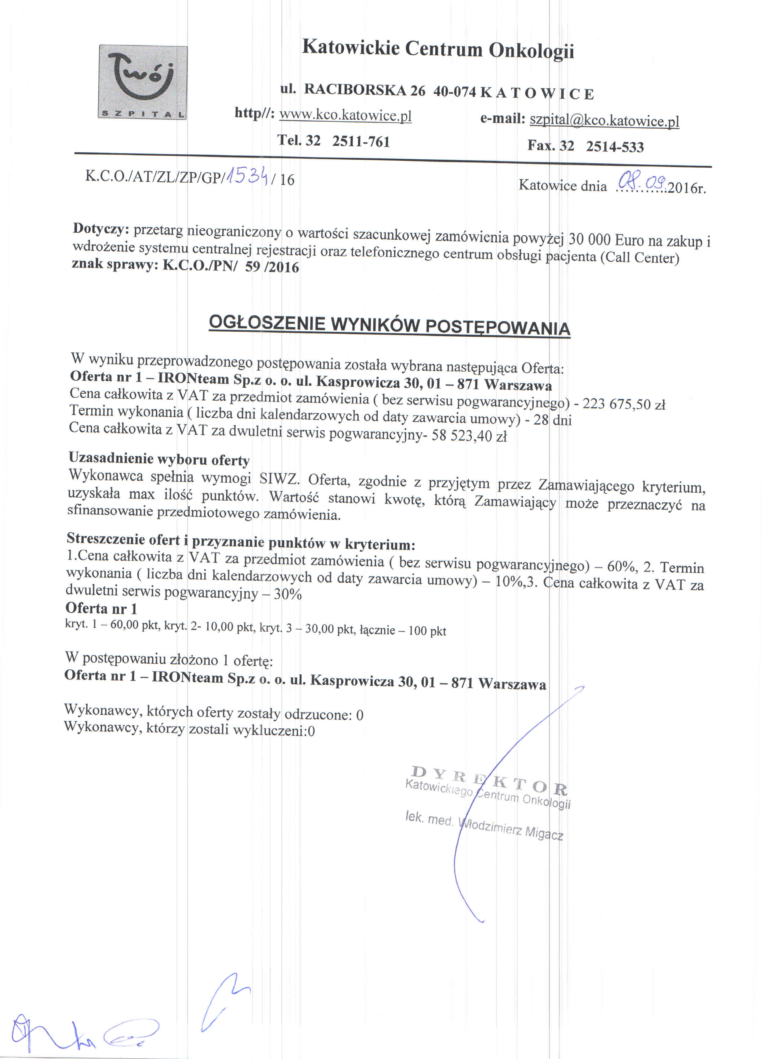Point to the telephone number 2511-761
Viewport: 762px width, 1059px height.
[361, 141]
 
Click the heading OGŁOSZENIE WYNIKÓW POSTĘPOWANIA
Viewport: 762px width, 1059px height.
[390, 325]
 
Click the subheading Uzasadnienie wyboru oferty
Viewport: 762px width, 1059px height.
[159, 459]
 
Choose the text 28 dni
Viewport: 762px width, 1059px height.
[552, 419]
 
